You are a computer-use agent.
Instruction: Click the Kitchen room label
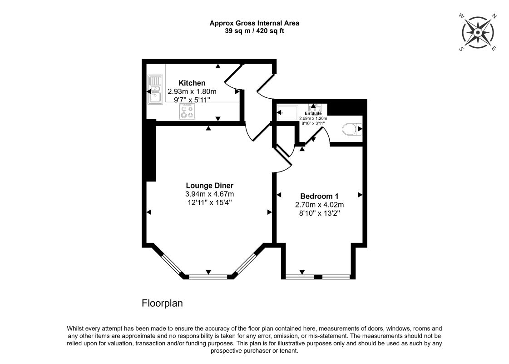pyautogui.click(x=192, y=83)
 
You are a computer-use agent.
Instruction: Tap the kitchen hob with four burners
pyautogui.click(x=187, y=111)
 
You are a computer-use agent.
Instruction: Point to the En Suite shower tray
pyautogui.click(x=287, y=111)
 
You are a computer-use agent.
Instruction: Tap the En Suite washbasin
pyautogui.click(x=317, y=107)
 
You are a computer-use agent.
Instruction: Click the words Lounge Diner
pyautogui.click(x=209, y=186)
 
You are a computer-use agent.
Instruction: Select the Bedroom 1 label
pyautogui.click(x=320, y=196)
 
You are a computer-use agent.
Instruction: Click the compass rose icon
pyautogui.click(x=478, y=32)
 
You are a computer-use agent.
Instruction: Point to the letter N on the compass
pyautogui.click(x=494, y=17)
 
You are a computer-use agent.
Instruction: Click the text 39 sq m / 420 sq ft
pyautogui.click(x=254, y=30)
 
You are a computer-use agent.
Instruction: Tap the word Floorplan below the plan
pyautogui.click(x=163, y=303)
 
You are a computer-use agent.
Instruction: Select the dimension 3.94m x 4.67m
pyautogui.click(x=209, y=194)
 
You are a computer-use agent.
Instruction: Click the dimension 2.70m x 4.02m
pyautogui.click(x=320, y=204)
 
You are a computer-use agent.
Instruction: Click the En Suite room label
pyautogui.click(x=313, y=113)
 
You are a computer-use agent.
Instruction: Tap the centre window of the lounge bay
pyautogui.click(x=208, y=276)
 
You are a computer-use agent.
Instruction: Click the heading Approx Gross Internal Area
pyautogui.click(x=254, y=23)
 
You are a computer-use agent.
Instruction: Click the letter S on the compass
pyautogui.click(x=461, y=49)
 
